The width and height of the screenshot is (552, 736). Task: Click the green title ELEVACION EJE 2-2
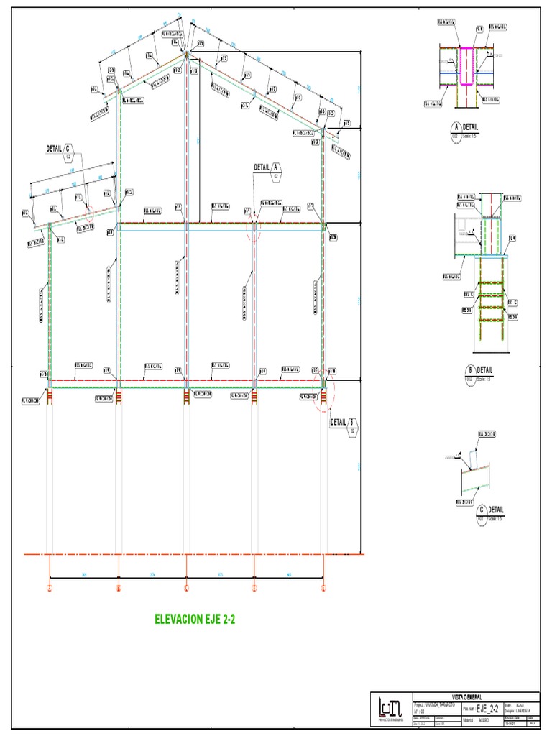pyautogui.click(x=195, y=617)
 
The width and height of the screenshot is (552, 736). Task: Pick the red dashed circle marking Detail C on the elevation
pyautogui.click(x=88, y=211)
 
